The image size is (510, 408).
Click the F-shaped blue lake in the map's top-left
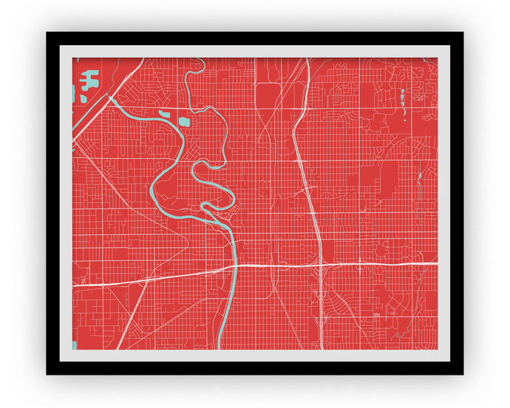coord(89,78)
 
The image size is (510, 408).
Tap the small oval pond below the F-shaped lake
coord(84,98)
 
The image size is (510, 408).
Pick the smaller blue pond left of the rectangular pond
coord(163,115)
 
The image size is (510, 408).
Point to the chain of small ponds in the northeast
coord(403,100)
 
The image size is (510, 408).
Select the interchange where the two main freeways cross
coord(322,264)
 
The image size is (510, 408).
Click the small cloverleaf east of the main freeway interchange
coord(360,264)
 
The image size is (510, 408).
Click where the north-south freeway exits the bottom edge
coord(322,348)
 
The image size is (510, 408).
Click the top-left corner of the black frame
coord(47,33)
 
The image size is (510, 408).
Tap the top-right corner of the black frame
coord(463,33)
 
